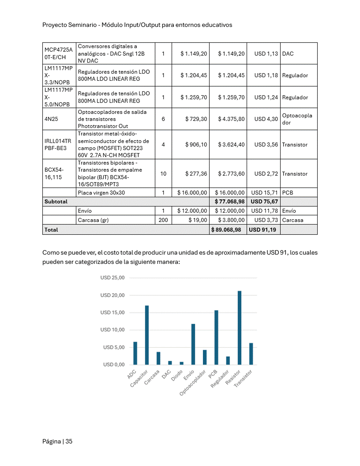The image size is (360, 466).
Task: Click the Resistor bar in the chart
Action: (240, 328)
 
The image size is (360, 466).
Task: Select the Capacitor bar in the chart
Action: (147, 335)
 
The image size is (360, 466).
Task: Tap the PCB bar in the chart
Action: (216, 338)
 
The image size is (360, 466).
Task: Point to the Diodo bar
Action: (181, 363)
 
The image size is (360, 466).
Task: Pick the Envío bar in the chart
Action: (193, 344)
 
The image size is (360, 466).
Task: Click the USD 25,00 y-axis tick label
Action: (112, 278)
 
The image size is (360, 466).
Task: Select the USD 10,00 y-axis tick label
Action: (112, 330)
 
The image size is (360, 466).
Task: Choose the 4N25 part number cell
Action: (51, 119)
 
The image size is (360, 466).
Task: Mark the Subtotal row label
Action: (56, 202)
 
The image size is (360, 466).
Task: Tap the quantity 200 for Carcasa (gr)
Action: (163, 220)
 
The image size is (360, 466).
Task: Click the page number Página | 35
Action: (57, 441)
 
